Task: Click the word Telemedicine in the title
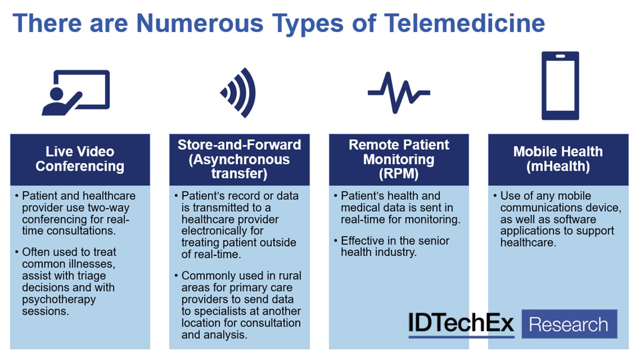(465, 23)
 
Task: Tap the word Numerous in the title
(199, 23)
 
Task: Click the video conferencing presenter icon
(76, 93)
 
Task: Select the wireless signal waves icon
(238, 93)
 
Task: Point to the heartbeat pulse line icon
(399, 93)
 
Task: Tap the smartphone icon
(561, 85)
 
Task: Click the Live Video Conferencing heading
(80, 159)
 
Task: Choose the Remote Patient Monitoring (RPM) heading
(399, 159)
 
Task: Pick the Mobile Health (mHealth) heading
(558, 159)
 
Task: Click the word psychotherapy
(59, 300)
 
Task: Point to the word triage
(91, 276)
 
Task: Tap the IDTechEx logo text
(461, 323)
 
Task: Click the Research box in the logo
(569, 324)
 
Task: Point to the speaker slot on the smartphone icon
(561, 57)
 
